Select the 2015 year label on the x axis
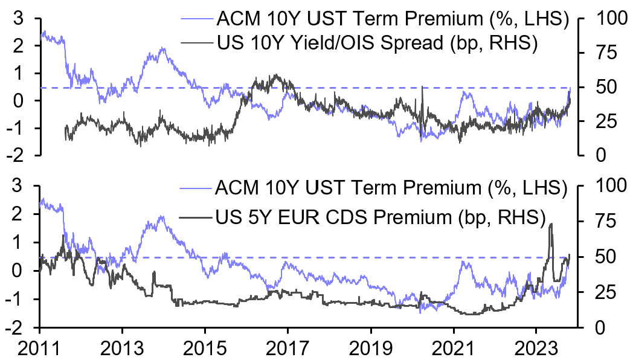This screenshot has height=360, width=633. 205,348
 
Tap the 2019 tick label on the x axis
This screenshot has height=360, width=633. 370,348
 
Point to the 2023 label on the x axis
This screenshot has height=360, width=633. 536,348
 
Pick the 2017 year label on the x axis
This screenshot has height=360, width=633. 288,348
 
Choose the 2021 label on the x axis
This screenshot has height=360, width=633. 453,348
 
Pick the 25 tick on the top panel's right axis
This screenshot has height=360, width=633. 593,121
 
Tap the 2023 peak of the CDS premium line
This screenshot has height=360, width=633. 551,224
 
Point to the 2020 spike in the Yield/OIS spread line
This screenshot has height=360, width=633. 423,88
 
